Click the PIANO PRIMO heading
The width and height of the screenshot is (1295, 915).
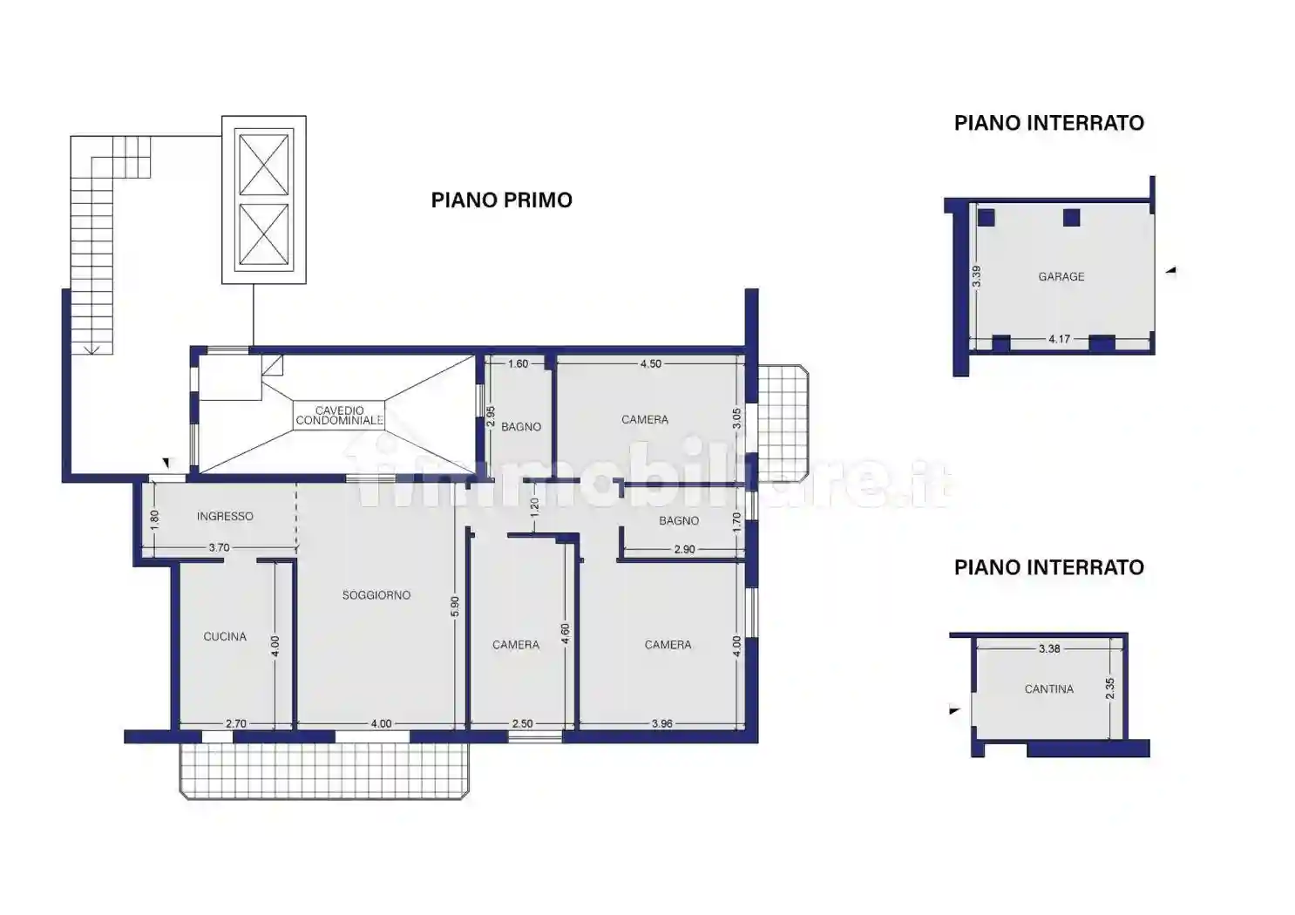(502, 200)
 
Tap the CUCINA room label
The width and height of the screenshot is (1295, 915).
(225, 636)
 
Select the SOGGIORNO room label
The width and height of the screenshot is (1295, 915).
(376, 595)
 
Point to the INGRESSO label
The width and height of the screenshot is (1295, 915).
(225, 516)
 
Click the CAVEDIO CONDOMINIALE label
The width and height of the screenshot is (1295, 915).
(339, 416)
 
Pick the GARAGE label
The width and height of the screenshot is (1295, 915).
(1061, 277)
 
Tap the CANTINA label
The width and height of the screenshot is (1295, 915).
(1049, 689)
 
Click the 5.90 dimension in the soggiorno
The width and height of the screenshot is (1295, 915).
(455, 607)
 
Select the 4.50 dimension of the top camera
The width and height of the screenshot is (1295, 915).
(651, 364)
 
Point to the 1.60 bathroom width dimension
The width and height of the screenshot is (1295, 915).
(518, 364)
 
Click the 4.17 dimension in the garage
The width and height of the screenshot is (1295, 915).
(1059, 339)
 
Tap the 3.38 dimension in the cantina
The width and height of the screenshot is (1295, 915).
(1049, 649)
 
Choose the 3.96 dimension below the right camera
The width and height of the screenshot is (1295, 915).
(662, 723)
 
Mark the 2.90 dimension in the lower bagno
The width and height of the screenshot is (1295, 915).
(684, 549)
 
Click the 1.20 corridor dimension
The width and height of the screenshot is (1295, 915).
(534, 507)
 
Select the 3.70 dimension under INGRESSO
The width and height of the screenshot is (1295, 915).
(219, 547)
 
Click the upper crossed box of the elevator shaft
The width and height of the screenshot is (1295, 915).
(264, 165)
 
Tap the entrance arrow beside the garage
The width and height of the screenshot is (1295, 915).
(1170, 270)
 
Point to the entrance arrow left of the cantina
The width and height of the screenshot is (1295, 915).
(955, 710)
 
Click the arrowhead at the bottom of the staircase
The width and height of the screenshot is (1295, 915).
(92, 349)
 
